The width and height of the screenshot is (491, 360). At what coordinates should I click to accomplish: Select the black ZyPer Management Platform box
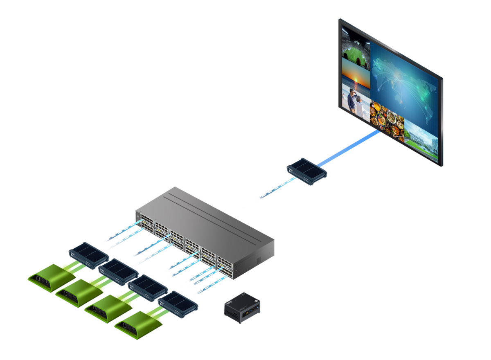pyautogui.click(x=242, y=308)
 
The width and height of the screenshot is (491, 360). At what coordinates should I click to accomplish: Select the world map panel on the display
pyautogui.click(x=405, y=82)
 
